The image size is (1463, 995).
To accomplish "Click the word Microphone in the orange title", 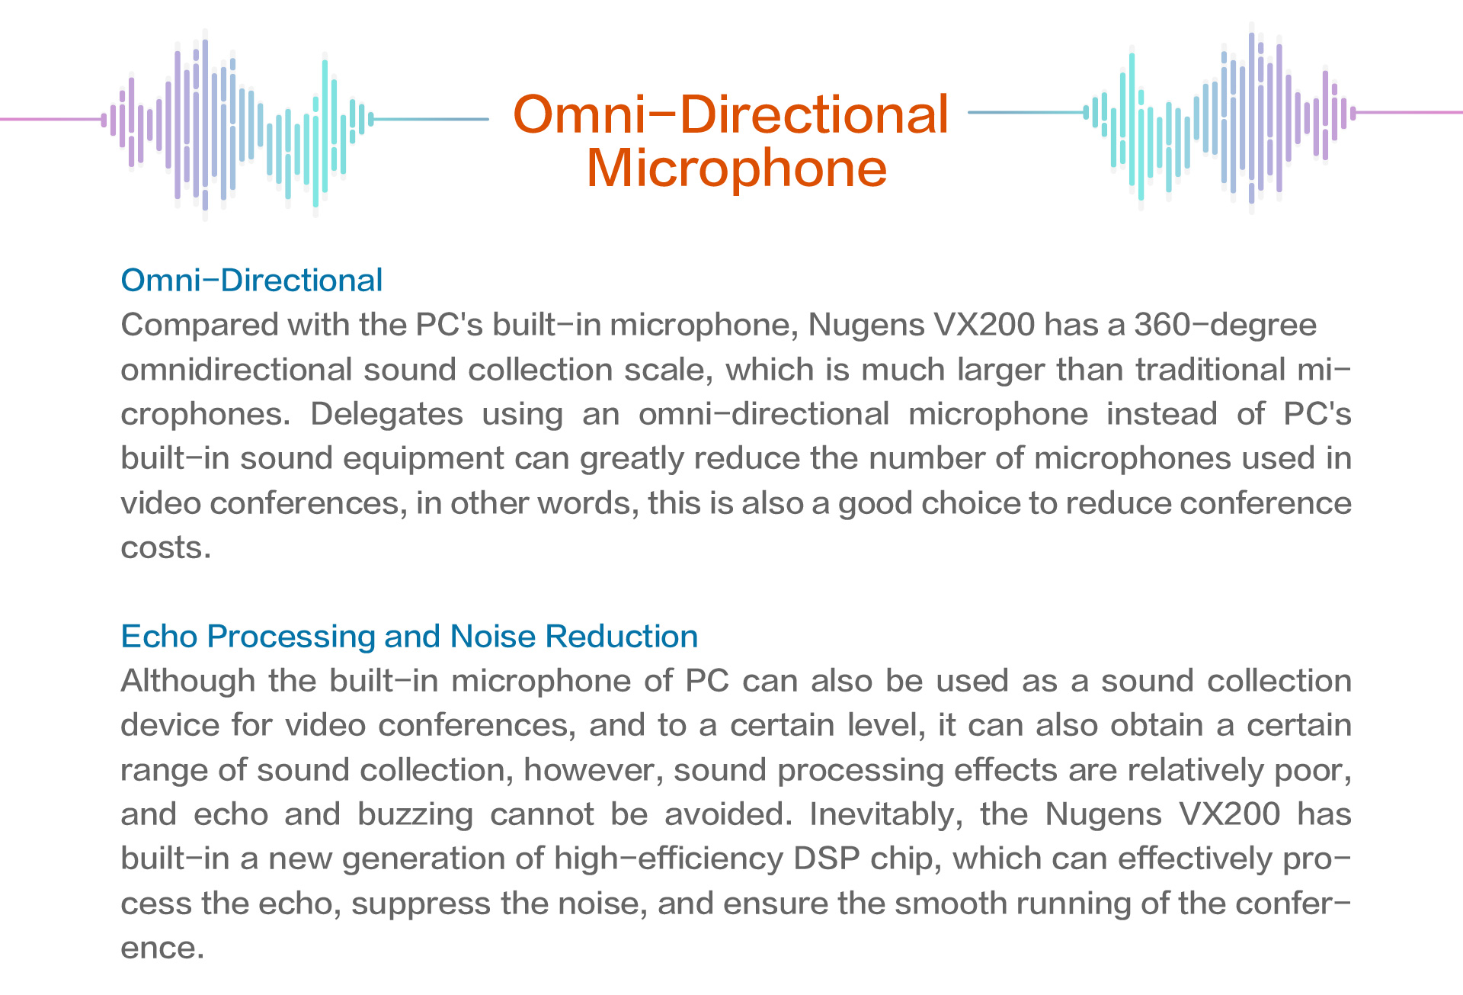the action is [x=737, y=168].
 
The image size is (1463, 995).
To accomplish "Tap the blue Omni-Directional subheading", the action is [x=251, y=281].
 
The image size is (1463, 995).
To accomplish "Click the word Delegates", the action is [x=386, y=414].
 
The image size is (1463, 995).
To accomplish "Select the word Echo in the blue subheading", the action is [x=158, y=637].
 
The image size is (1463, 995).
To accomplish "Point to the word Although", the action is [x=187, y=681].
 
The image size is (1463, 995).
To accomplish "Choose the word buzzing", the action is [x=415, y=815].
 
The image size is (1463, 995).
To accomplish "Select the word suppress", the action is [x=421, y=904].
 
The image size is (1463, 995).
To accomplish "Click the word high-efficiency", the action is [x=668, y=859].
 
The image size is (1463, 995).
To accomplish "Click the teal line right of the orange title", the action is [x=1026, y=112].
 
